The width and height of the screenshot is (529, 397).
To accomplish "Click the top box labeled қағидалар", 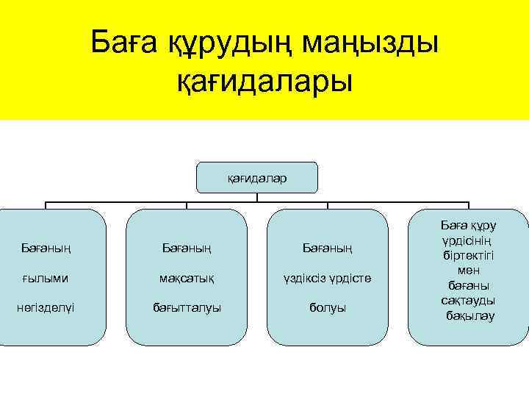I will [257, 177].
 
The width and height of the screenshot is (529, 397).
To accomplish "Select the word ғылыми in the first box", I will [45, 278].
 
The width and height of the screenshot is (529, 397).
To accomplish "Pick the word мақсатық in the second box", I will [187, 278].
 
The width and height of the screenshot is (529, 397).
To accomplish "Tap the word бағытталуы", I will [187, 307].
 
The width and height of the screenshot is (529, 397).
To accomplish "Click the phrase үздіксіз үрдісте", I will [328, 278].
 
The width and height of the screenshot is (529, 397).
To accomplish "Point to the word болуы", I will [328, 307].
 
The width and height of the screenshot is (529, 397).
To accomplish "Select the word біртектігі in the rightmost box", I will [468, 255].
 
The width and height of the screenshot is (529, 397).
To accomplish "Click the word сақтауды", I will [468, 300].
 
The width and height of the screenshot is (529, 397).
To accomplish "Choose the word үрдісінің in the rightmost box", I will [468, 240].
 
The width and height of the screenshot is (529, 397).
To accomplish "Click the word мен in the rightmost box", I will [468, 271].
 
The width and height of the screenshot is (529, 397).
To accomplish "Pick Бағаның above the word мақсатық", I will [187, 248].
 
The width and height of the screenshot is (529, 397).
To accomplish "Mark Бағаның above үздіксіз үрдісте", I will [328, 248].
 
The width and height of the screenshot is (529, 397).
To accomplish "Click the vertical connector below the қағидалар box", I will [257, 196].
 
